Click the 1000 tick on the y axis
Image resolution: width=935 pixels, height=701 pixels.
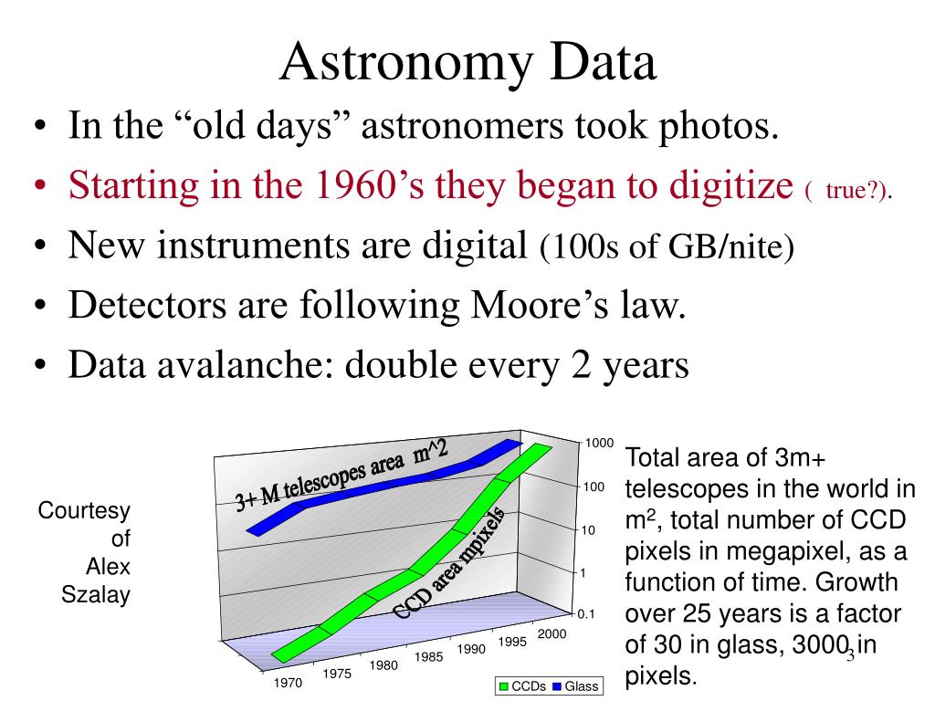coord(599,443)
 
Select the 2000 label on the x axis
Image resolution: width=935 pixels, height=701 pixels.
coord(552,633)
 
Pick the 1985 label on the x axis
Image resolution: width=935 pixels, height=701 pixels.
coord(428,656)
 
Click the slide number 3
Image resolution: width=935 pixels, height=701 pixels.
coord(850,655)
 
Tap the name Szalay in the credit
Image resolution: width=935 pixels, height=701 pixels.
coord(96,596)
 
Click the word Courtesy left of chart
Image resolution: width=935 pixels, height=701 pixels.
coord(84,510)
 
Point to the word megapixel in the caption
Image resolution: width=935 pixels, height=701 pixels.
coord(798,551)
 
